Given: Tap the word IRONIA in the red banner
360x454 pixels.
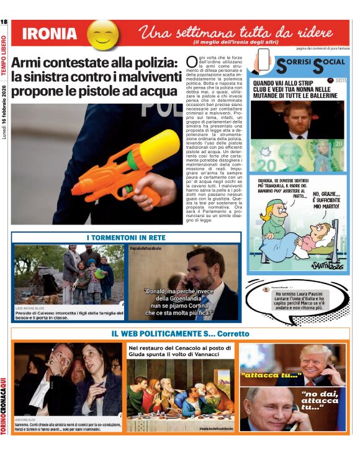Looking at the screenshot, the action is (49, 34).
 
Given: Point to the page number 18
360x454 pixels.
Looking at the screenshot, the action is (4, 23).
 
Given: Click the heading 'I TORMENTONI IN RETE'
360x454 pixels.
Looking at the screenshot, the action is (126, 238).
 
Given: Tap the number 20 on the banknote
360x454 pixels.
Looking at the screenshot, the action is (264, 165).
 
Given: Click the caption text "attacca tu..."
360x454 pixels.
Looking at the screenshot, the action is (271, 375).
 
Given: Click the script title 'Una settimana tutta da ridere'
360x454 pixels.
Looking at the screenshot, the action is (239, 32).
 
